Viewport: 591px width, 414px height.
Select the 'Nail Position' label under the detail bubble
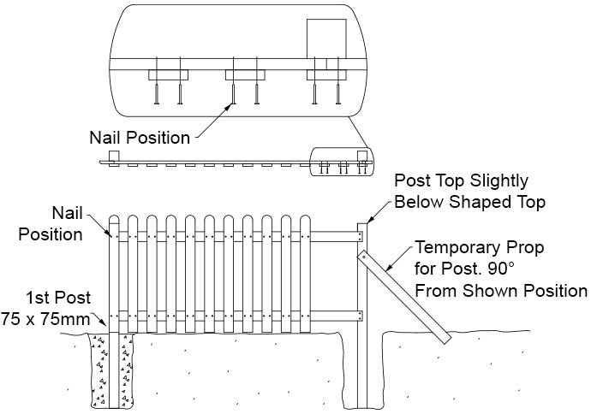pyautogui.click(x=140, y=137)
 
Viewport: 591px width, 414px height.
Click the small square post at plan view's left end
pyautogui.click(x=113, y=157)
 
